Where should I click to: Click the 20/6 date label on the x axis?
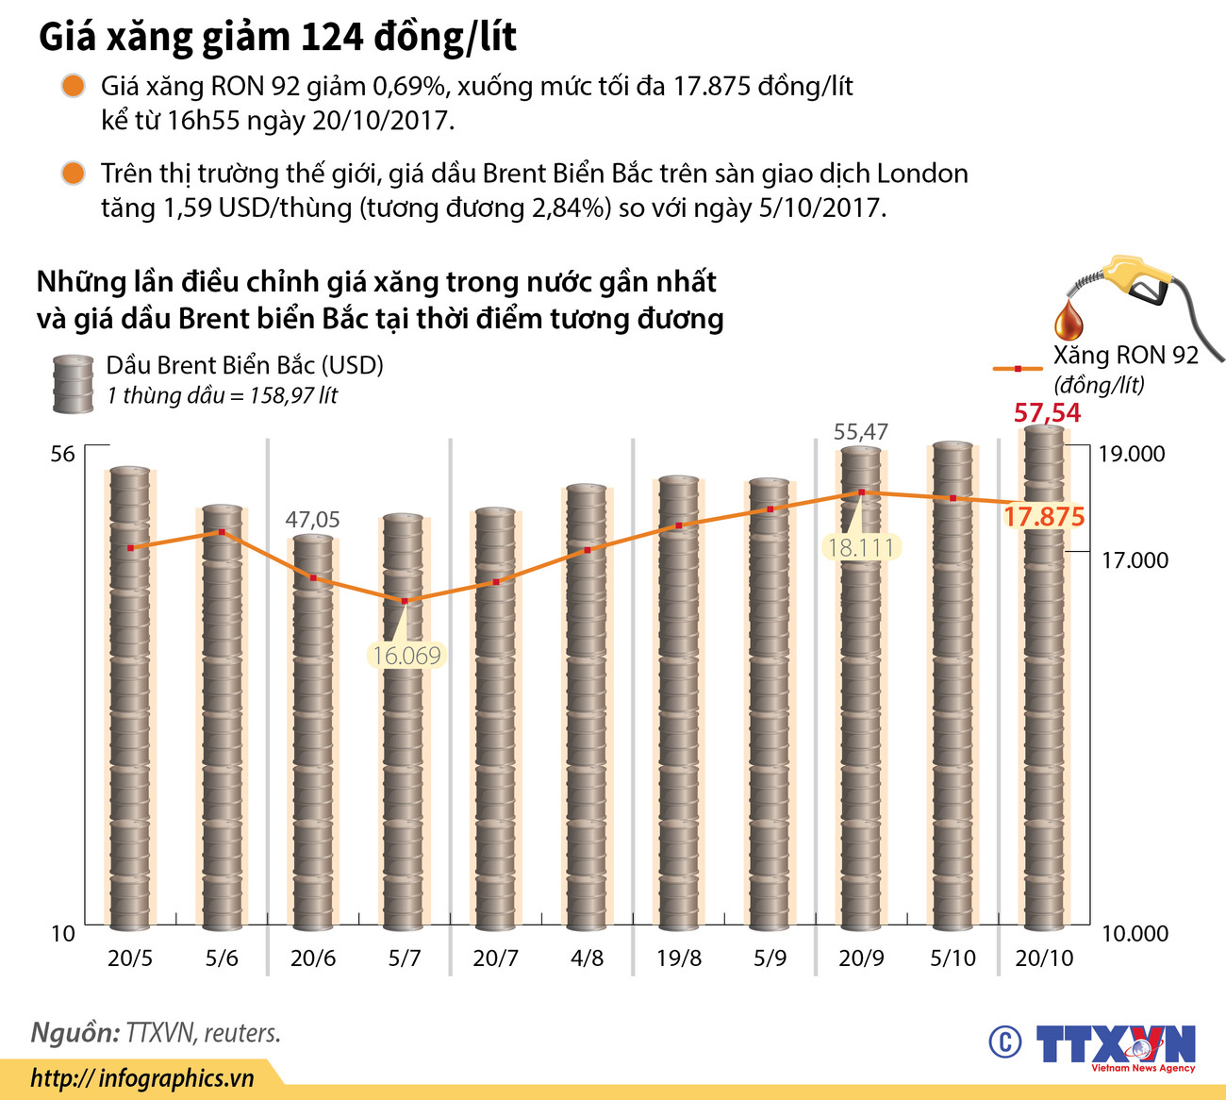(313, 958)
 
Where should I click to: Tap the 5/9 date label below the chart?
(770, 958)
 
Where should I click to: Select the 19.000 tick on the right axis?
(1132, 454)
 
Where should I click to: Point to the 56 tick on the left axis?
(62, 455)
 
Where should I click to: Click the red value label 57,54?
(1047, 413)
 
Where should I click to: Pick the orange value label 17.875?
(1044, 517)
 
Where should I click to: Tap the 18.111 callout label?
(860, 547)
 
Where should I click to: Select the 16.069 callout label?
(406, 656)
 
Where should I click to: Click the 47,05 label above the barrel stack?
(313, 520)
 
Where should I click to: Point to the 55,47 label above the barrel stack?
(861, 432)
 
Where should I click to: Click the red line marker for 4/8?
(588, 549)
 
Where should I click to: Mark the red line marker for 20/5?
(130, 547)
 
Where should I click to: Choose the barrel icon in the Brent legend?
(73, 384)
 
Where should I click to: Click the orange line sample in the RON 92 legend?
(1018, 369)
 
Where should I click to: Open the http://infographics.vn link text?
(142, 1078)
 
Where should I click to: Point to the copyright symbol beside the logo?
(1005, 1042)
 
